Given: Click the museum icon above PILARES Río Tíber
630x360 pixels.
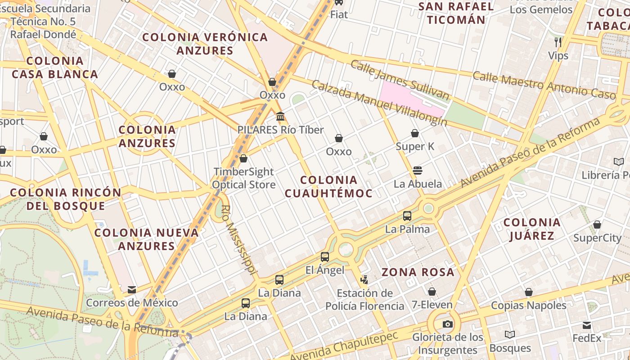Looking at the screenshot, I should tap(280, 117).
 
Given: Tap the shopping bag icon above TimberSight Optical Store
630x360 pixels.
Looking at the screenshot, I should tap(243, 158).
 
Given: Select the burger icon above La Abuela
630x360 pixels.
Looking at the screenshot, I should tap(418, 171).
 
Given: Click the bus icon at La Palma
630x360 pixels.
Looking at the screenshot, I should tap(407, 216).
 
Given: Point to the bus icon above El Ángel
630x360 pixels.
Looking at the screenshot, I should tap(325, 257).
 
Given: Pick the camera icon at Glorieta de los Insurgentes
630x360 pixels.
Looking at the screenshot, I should tap(447, 324).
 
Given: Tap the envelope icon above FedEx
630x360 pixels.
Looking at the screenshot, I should tap(587, 325).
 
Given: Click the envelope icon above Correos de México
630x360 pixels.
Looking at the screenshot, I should tap(132, 290).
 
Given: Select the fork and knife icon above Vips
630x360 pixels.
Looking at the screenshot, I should tap(558, 42).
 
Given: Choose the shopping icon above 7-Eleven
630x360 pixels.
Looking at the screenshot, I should tap(432, 292).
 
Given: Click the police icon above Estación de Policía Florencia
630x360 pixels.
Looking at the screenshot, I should tap(364, 280).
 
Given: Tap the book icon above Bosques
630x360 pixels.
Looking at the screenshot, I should tap(510, 334).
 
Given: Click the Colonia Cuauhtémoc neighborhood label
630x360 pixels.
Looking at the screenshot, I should tap(328, 187).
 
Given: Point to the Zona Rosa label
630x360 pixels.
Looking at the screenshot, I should tap(418, 272).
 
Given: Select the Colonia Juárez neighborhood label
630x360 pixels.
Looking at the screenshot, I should tap(532, 229).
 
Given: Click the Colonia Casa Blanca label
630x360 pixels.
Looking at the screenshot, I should tap(55, 67).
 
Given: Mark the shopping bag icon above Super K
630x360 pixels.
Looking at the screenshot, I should tap(415, 133).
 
